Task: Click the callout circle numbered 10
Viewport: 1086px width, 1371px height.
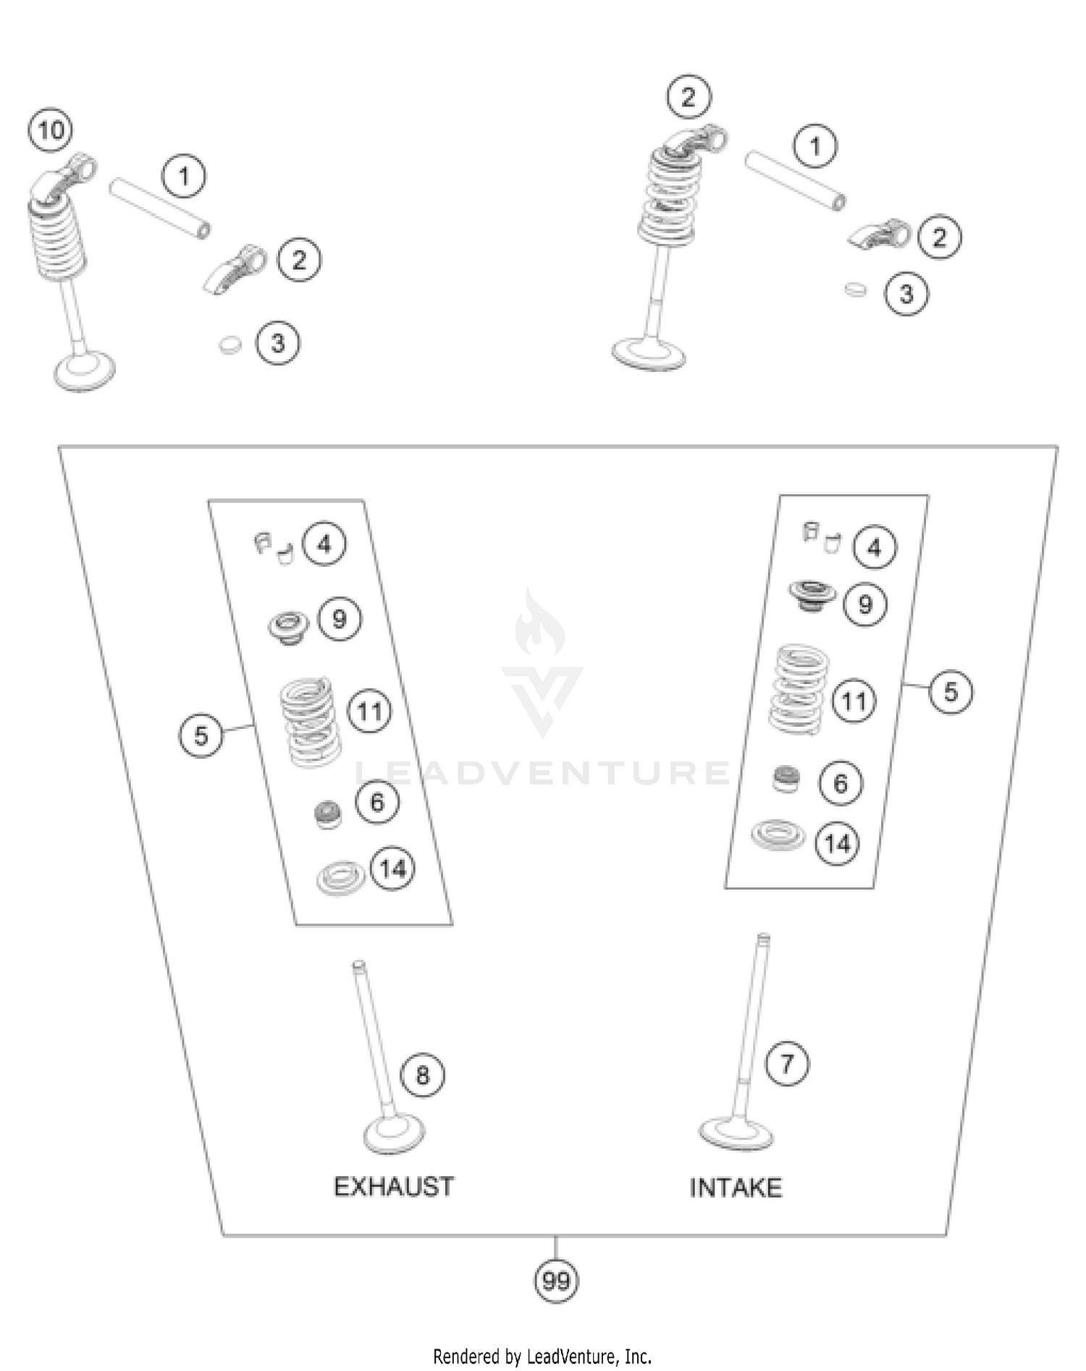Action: click(x=51, y=131)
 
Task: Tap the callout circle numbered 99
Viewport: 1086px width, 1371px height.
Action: click(x=556, y=1281)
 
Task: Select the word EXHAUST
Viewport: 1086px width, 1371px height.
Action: click(x=393, y=1187)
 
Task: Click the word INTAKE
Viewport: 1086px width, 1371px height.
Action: click(x=735, y=1188)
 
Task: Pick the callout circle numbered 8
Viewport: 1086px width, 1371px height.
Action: click(x=422, y=1075)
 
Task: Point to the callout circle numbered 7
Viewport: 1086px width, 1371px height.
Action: click(x=786, y=1063)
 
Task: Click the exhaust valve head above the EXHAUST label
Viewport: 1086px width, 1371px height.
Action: click(x=393, y=1135)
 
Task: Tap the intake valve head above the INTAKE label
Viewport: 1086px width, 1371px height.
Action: click(x=736, y=1134)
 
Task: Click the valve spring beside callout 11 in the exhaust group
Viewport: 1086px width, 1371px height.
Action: click(x=310, y=721)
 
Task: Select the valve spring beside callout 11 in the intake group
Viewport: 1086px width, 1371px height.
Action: click(x=799, y=689)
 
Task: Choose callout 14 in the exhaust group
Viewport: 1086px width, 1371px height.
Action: click(x=392, y=868)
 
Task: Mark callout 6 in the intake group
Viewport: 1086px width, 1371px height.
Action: click(x=840, y=783)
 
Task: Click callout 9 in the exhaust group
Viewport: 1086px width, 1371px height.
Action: click(x=339, y=619)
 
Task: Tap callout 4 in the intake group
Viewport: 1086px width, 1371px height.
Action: click(x=875, y=548)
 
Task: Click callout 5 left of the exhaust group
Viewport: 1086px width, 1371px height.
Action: click(x=201, y=735)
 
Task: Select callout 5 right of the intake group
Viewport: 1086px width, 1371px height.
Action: click(x=950, y=692)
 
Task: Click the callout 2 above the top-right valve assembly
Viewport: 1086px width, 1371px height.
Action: click(x=688, y=96)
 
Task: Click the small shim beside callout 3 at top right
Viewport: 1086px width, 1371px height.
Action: click(x=855, y=289)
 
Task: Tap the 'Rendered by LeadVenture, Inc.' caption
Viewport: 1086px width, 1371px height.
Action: click(x=542, y=1356)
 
